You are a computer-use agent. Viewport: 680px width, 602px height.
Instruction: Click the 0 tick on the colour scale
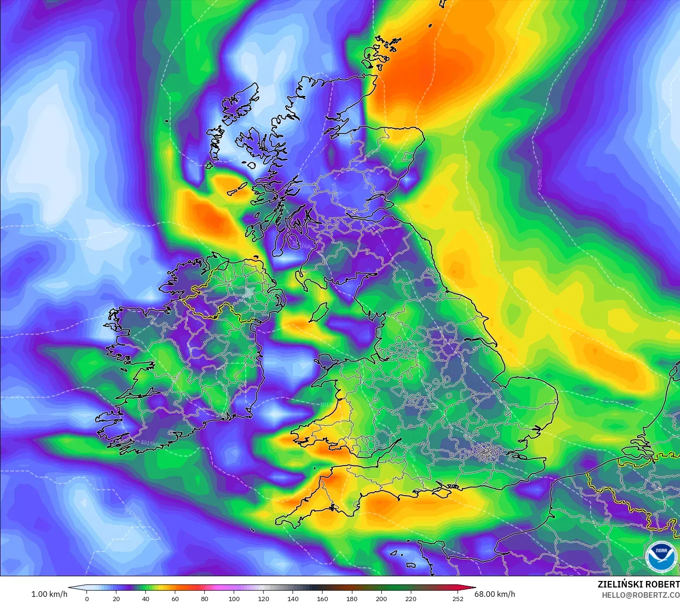pos(87,598)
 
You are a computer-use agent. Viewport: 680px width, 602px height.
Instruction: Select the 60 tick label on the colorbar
pos(175,598)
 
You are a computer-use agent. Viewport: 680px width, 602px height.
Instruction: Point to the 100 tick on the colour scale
pos(234,598)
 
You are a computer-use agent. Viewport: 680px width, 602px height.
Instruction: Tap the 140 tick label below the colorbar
pos(293,598)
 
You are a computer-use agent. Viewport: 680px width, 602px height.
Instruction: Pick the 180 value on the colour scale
pos(352,598)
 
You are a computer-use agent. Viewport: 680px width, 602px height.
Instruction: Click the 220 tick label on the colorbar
pos(411,598)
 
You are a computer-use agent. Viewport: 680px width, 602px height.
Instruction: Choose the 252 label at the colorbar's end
pos(458,598)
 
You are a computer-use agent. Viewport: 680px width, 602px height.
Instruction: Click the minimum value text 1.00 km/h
pos(50,594)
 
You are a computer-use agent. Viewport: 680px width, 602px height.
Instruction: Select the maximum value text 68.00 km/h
pos(495,594)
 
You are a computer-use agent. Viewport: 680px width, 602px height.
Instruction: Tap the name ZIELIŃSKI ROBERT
pos(638,584)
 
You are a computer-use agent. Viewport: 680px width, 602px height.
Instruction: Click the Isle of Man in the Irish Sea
pos(319,312)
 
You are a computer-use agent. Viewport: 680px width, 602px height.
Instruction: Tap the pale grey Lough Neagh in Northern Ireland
pos(247,294)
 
